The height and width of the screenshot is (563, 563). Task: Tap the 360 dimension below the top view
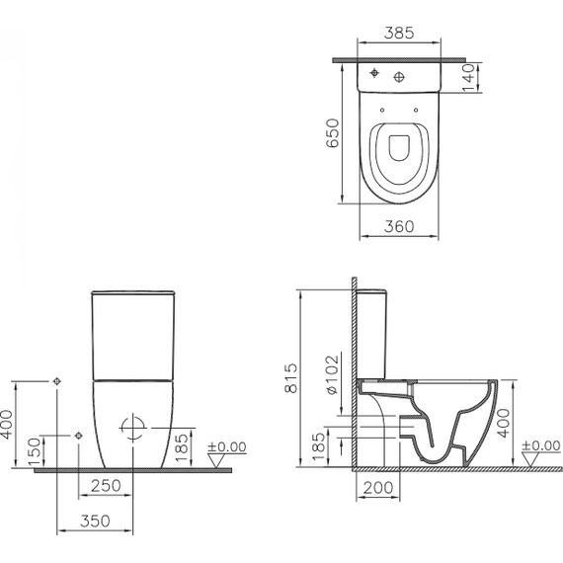point(395,226)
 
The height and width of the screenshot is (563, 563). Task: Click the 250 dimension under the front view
point(106,487)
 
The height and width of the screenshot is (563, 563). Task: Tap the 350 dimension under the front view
point(94,521)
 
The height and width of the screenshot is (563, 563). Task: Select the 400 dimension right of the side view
point(504,426)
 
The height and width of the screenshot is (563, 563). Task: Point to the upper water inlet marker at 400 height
point(57,381)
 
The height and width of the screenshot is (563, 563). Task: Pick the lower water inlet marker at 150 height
point(77,435)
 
